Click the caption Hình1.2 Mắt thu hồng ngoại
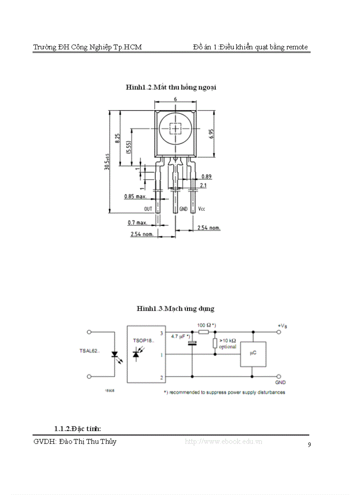click(x=171, y=87)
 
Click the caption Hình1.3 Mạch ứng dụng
click(x=175, y=308)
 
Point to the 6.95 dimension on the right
click(x=211, y=134)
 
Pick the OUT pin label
click(x=148, y=208)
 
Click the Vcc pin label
click(x=201, y=208)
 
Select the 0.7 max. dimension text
click(x=137, y=223)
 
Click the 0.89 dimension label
click(x=206, y=176)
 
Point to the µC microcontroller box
click(x=253, y=354)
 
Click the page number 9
click(x=309, y=445)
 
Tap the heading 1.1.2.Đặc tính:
click(x=78, y=428)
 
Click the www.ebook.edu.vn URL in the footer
click(x=223, y=441)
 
